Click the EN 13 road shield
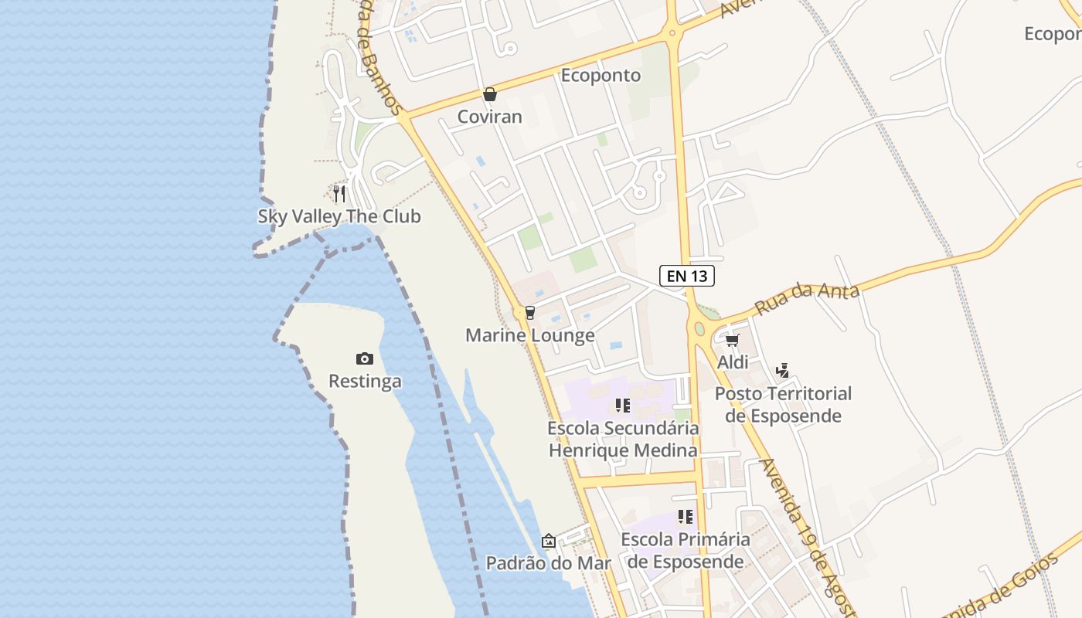pyautogui.click(x=686, y=275)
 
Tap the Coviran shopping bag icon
pyautogui.click(x=489, y=95)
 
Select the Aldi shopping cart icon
pyautogui.click(x=732, y=340)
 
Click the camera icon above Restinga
pyautogui.click(x=365, y=358)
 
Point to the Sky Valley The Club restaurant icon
pyautogui.click(x=339, y=193)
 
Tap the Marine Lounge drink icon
pyautogui.click(x=529, y=313)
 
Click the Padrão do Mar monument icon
pyautogui.click(x=548, y=541)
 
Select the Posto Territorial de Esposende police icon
pyautogui.click(x=782, y=371)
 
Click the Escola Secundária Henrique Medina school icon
pyautogui.click(x=623, y=406)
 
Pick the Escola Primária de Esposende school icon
pyautogui.click(x=686, y=517)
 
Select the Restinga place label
pyautogui.click(x=365, y=382)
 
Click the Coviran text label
pyautogui.click(x=489, y=117)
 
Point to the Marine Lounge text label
pyautogui.click(x=529, y=335)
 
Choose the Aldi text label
pyautogui.click(x=733, y=362)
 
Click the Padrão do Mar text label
pyautogui.click(x=548, y=563)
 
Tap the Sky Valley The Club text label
pyautogui.click(x=339, y=216)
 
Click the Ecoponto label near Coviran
pyautogui.click(x=601, y=76)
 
